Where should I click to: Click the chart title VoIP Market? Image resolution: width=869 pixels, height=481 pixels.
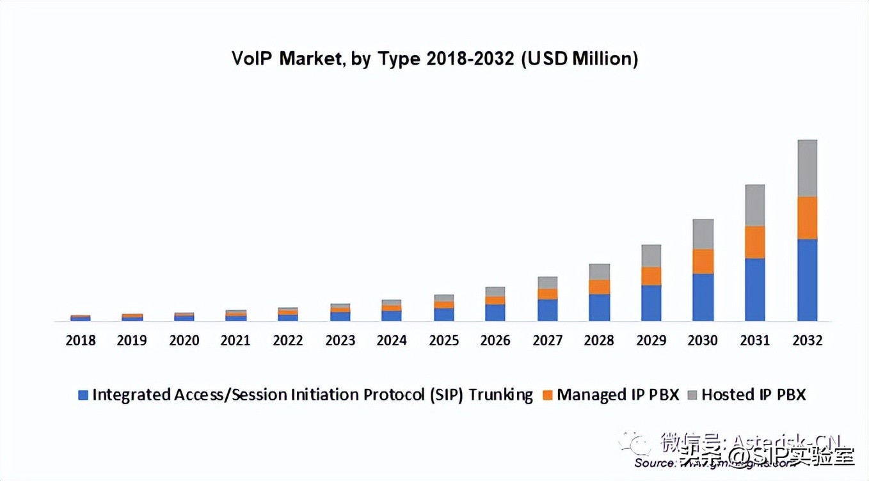pyautogui.click(x=434, y=59)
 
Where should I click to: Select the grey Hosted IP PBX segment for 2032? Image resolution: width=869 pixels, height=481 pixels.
pyautogui.click(x=807, y=168)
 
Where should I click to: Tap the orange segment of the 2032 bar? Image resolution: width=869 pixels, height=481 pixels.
pyautogui.click(x=807, y=218)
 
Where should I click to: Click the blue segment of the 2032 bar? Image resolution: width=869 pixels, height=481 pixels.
pyautogui.click(x=807, y=280)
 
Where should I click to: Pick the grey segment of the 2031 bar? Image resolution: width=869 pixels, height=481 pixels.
pyautogui.click(x=754, y=205)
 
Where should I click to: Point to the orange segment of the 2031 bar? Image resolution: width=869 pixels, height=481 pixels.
pyautogui.click(x=754, y=242)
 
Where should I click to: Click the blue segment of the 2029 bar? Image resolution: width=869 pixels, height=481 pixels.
pyautogui.click(x=651, y=303)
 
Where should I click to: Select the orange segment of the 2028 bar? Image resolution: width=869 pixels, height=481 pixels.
pyautogui.click(x=599, y=287)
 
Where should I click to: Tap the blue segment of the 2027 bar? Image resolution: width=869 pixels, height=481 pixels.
pyautogui.click(x=547, y=310)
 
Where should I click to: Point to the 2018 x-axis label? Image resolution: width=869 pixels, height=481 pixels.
pyautogui.click(x=80, y=340)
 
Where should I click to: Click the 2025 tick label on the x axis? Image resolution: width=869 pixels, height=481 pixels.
pyautogui.click(x=443, y=340)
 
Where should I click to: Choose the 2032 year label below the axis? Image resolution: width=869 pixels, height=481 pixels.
pyautogui.click(x=807, y=340)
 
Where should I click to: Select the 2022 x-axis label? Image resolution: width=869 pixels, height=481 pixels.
pyautogui.click(x=287, y=340)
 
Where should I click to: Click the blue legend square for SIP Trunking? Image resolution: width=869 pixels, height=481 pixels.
pyautogui.click(x=83, y=395)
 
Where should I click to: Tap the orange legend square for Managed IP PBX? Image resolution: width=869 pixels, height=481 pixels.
pyautogui.click(x=547, y=395)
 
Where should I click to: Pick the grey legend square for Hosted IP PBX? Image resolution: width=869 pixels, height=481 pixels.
pyautogui.click(x=691, y=395)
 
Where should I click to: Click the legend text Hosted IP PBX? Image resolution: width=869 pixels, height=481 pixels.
pyautogui.click(x=753, y=395)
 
